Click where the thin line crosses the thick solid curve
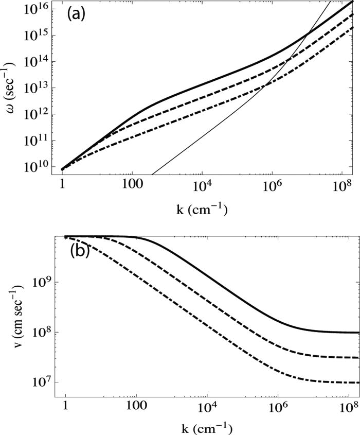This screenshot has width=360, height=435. [x=305, y=35]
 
